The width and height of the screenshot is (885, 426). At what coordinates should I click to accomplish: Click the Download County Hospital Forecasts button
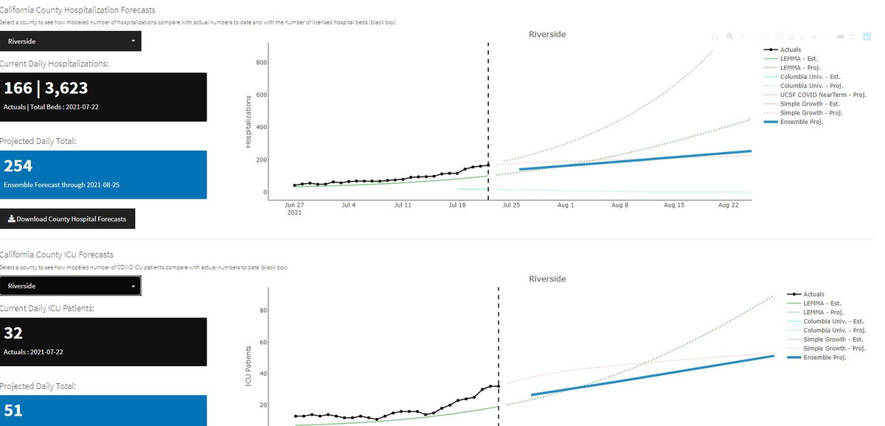67,219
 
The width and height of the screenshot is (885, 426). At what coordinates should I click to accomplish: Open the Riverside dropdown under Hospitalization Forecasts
71,41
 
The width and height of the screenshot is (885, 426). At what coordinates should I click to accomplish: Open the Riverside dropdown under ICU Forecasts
71,286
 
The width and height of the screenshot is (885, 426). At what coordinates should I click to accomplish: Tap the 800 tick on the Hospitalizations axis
261,63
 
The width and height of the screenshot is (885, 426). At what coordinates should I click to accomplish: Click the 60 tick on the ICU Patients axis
263,343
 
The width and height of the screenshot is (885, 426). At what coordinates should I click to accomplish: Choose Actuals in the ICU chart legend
813,295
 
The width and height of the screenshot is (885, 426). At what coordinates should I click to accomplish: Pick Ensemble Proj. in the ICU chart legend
825,357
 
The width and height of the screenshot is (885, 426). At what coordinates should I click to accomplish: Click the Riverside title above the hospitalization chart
547,35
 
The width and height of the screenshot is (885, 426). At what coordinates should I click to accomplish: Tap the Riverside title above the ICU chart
547,279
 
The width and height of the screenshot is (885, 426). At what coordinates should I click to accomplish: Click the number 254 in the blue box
18,166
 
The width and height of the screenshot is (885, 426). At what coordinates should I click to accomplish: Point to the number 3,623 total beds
66,89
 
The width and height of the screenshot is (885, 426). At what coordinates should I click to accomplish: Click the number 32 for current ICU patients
13,333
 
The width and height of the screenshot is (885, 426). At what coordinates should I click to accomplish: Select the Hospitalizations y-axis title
249,120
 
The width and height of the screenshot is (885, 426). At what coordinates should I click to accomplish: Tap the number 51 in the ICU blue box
13,410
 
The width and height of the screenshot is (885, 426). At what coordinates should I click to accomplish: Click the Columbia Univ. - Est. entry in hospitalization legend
810,77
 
